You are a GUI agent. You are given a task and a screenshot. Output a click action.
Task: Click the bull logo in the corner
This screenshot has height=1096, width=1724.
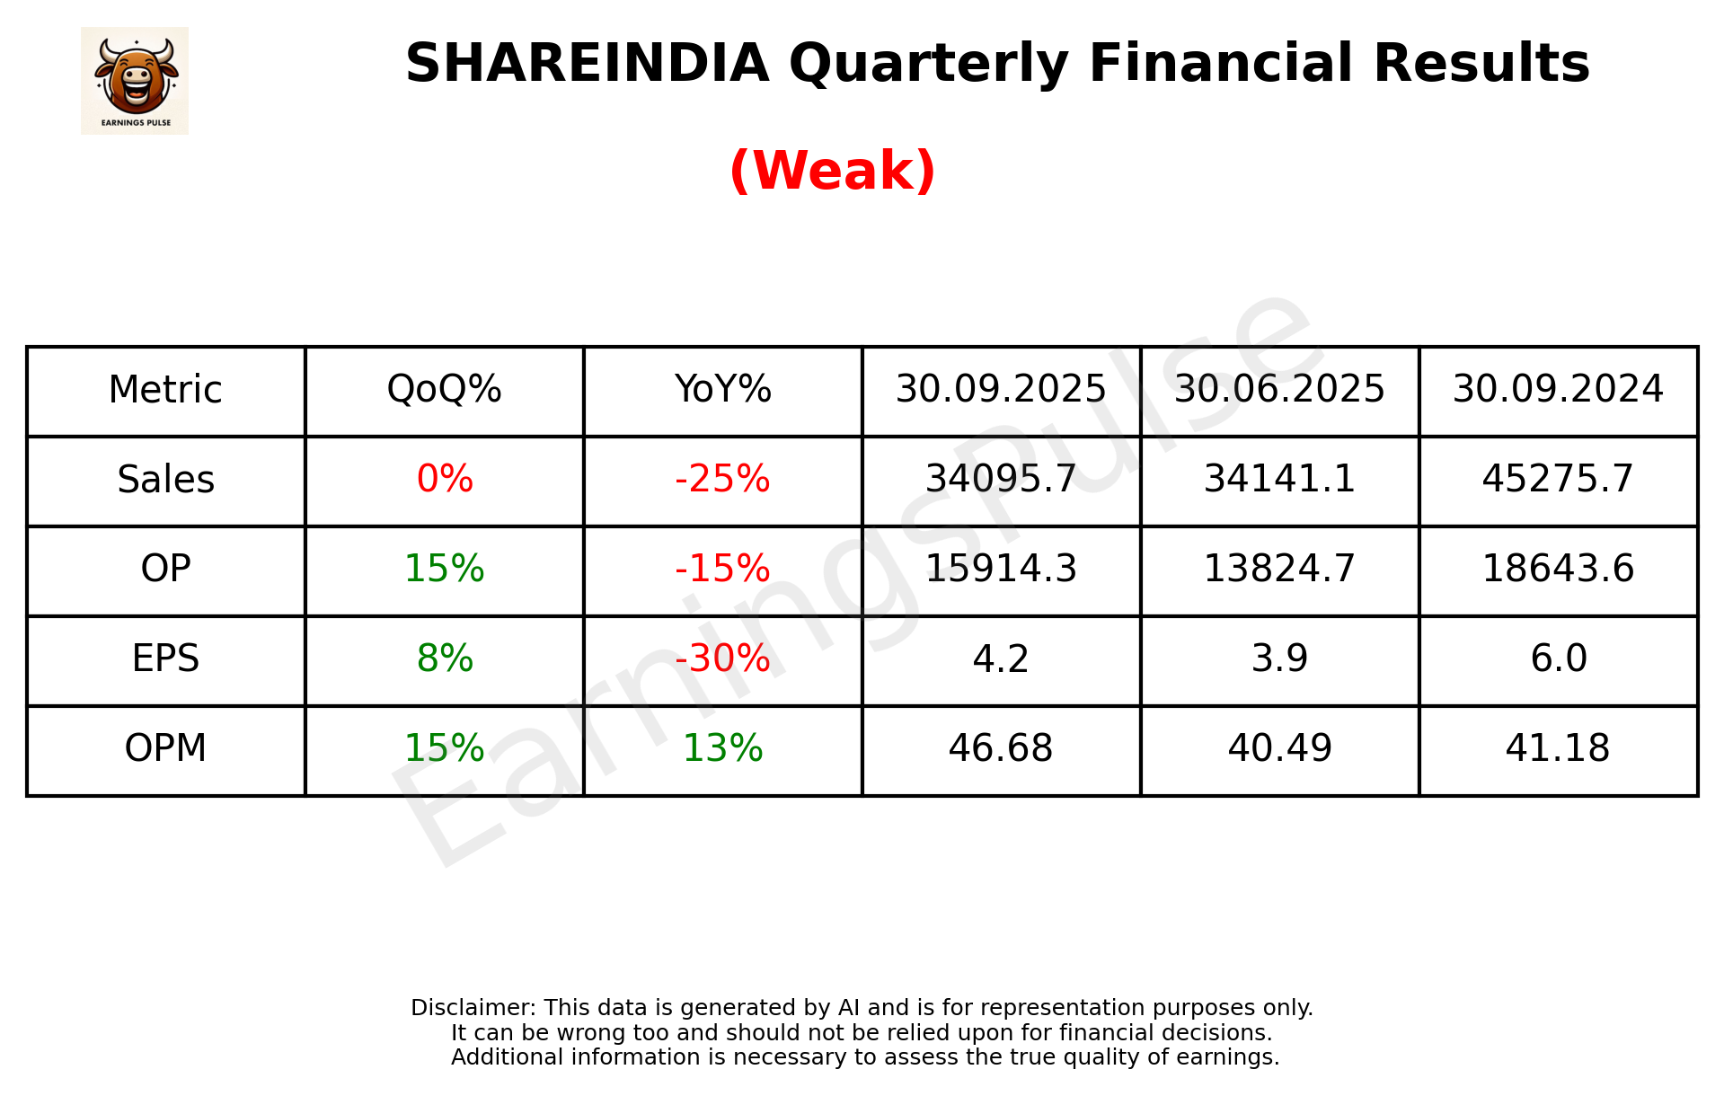135,81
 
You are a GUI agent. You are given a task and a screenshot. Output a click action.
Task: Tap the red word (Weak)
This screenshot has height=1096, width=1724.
832,171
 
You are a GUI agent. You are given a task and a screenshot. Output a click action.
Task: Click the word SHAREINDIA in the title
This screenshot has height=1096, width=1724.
587,64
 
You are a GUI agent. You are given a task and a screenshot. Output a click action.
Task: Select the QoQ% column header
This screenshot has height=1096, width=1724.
444,390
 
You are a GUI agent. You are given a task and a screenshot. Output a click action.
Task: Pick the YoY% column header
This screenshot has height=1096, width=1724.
722,390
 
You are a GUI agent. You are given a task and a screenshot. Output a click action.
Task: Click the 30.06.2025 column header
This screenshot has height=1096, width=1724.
1279,390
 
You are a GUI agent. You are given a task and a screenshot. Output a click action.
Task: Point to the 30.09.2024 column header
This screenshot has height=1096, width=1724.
1558,390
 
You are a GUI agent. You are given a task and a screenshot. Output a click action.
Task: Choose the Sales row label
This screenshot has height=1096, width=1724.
166,480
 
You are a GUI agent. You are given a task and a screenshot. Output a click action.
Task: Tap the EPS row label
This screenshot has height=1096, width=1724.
166,659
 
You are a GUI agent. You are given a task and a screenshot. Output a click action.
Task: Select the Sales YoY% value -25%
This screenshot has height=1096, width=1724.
722,480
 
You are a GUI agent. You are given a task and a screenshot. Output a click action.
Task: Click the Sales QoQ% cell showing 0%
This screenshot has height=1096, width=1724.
444,480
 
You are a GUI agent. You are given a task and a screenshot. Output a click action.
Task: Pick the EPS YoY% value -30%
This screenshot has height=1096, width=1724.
722,659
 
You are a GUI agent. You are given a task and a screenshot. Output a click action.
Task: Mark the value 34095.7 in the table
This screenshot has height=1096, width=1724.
1001,480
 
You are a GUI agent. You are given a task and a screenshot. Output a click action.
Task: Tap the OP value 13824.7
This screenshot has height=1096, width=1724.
1279,570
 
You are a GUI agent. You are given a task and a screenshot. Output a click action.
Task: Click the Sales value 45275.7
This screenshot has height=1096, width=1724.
1558,480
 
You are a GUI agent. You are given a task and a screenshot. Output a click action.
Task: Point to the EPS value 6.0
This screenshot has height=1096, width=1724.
1558,659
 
